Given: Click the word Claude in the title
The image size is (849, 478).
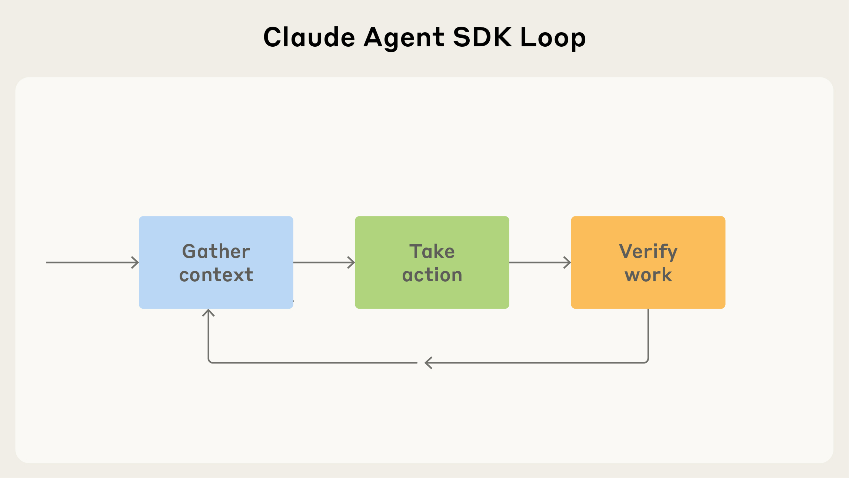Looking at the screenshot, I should coord(309,37).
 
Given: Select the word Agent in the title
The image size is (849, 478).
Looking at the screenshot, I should coord(404,38).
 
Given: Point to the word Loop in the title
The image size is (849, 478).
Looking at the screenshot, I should coord(553,38).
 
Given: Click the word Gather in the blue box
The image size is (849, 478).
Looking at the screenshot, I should coord(216,252).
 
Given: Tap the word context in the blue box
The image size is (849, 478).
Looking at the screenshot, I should coord(216,275).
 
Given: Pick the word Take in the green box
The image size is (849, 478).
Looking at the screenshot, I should coord(432,252).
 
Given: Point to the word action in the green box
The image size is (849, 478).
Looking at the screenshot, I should coord(432,275).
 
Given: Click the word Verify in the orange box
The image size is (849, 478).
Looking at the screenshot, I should coord(648,252).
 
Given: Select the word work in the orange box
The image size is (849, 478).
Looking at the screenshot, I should coord(648,275).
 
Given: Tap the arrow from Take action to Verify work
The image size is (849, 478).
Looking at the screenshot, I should coord(539,262).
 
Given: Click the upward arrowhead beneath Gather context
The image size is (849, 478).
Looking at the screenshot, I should coord(209,313).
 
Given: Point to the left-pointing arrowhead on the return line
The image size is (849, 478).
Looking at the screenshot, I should coord(428,363).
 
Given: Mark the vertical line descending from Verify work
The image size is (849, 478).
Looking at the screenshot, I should coord(648,333).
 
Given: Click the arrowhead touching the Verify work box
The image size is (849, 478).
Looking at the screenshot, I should coord(567,262).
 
